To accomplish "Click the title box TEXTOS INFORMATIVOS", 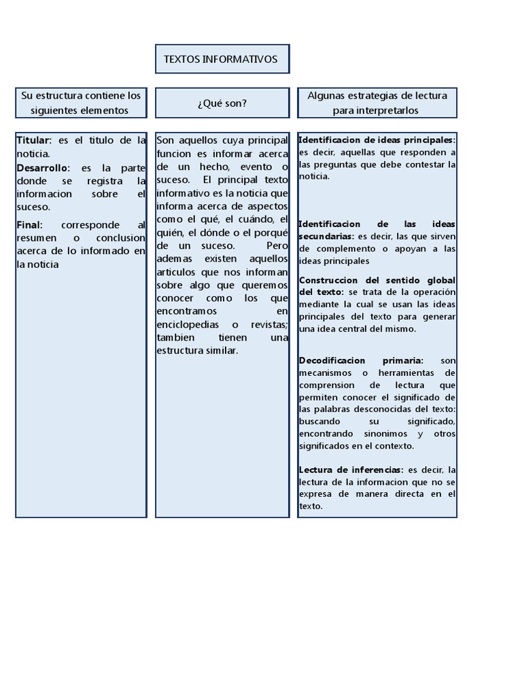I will point(221,59).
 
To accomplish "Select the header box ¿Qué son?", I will point(222,103).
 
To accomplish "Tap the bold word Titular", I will point(33,141).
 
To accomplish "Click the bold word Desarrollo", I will point(42,167).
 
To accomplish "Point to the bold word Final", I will point(29,225).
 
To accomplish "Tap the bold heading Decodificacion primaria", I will point(360,360).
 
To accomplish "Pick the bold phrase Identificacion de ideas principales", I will point(376,139).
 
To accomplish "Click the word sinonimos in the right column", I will point(387,434).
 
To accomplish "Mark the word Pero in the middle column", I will point(277,245).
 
